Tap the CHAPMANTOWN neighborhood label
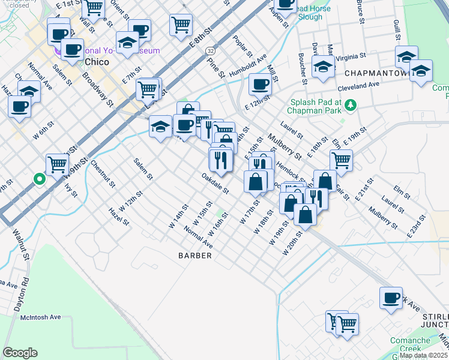[376, 73]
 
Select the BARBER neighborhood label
[195, 256]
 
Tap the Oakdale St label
[215, 184]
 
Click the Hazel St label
[119, 217]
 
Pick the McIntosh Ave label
[41, 317]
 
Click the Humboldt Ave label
[247, 64]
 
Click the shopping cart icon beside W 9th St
[58, 163]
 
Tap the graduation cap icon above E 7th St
[127, 43]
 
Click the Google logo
[20, 352]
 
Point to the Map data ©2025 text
[423, 355]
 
